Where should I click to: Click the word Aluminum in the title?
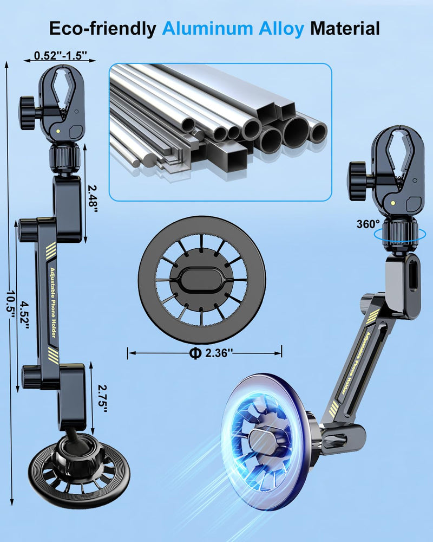[208, 28]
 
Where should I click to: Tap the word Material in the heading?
[345, 28]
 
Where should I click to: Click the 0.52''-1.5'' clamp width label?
[60, 55]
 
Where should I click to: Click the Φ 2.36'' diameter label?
[211, 353]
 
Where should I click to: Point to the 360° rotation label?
[368, 224]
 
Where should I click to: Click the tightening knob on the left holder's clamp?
[27, 113]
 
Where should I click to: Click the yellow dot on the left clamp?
[59, 131]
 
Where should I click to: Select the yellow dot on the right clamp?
[393, 203]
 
